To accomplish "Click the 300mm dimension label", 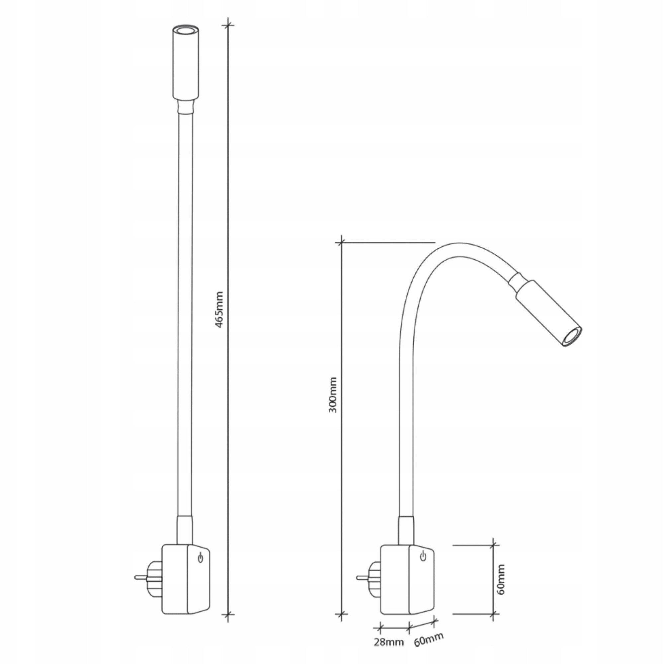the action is [x=333, y=395].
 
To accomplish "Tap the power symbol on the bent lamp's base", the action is [x=423, y=556].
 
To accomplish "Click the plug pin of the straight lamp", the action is [x=141, y=577].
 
